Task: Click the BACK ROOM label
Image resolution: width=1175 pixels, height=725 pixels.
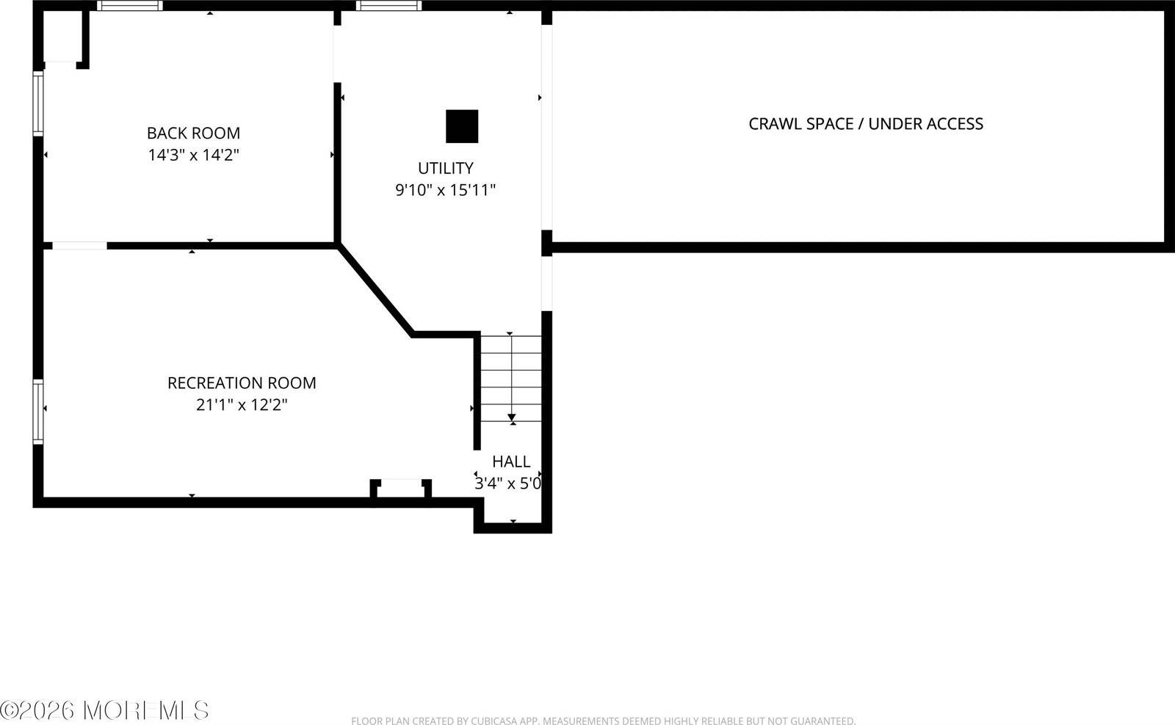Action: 193,133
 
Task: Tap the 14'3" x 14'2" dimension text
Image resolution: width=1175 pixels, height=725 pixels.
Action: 193,155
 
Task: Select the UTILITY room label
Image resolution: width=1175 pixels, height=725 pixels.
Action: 445,168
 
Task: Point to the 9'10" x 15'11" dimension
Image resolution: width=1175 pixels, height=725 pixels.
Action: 445,190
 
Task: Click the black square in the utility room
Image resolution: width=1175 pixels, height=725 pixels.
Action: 462,126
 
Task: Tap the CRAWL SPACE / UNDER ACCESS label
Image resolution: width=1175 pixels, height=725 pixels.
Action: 865,124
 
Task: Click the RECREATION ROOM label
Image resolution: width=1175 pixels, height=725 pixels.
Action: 242,383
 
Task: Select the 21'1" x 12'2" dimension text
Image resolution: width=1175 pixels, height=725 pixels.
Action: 242,405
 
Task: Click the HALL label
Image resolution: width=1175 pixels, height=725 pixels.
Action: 511,462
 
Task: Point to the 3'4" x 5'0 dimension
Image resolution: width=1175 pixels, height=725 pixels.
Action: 508,484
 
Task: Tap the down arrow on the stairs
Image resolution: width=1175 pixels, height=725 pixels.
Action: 512,417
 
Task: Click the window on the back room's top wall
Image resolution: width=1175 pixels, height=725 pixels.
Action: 130,6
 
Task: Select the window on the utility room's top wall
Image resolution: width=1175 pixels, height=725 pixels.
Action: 389,6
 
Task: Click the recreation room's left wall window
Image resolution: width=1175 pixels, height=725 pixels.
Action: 38,411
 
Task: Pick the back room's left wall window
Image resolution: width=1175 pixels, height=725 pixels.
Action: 38,103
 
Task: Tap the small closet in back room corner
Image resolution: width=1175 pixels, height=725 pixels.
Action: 63,37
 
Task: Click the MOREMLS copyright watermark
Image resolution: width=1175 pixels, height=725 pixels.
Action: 104,710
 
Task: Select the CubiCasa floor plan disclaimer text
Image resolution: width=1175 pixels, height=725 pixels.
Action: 603,721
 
